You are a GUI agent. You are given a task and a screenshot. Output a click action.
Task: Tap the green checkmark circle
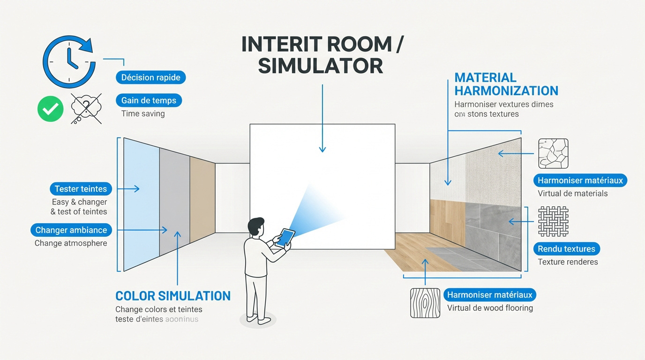pyautogui.click(x=51, y=109)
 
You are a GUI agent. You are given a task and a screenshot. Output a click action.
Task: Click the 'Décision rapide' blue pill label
pyautogui.click(x=150, y=77)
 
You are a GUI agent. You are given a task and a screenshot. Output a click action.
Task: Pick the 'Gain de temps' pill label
pyautogui.click(x=149, y=100)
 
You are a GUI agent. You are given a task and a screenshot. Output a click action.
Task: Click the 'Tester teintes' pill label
pyautogui.click(x=81, y=189)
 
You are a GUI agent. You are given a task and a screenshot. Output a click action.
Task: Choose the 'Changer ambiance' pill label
pyautogui.click(x=71, y=230)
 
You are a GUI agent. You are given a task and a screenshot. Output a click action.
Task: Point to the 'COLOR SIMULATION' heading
pyautogui.click(x=173, y=296)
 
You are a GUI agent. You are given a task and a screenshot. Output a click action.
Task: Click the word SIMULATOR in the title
pyautogui.click(x=320, y=66)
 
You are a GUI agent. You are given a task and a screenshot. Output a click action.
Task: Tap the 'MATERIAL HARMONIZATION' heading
pyautogui.click(x=506, y=84)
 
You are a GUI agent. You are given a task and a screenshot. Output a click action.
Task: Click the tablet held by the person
pyautogui.click(x=285, y=238)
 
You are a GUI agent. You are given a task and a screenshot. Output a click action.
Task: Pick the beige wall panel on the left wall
pyautogui.click(x=202, y=200)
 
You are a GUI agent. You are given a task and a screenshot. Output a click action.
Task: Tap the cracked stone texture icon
pyautogui.click(x=553, y=153)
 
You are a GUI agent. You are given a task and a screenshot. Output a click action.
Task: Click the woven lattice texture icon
pyautogui.click(x=553, y=221)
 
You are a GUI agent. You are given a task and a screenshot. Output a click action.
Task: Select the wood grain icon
pyautogui.click(x=425, y=303)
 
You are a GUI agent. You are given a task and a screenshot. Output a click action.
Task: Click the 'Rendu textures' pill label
pyautogui.click(x=566, y=249)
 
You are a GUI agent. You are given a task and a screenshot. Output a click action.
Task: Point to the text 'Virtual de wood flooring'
pyautogui.click(x=490, y=308)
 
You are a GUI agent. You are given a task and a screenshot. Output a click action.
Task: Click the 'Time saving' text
pyautogui.click(x=143, y=113)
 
